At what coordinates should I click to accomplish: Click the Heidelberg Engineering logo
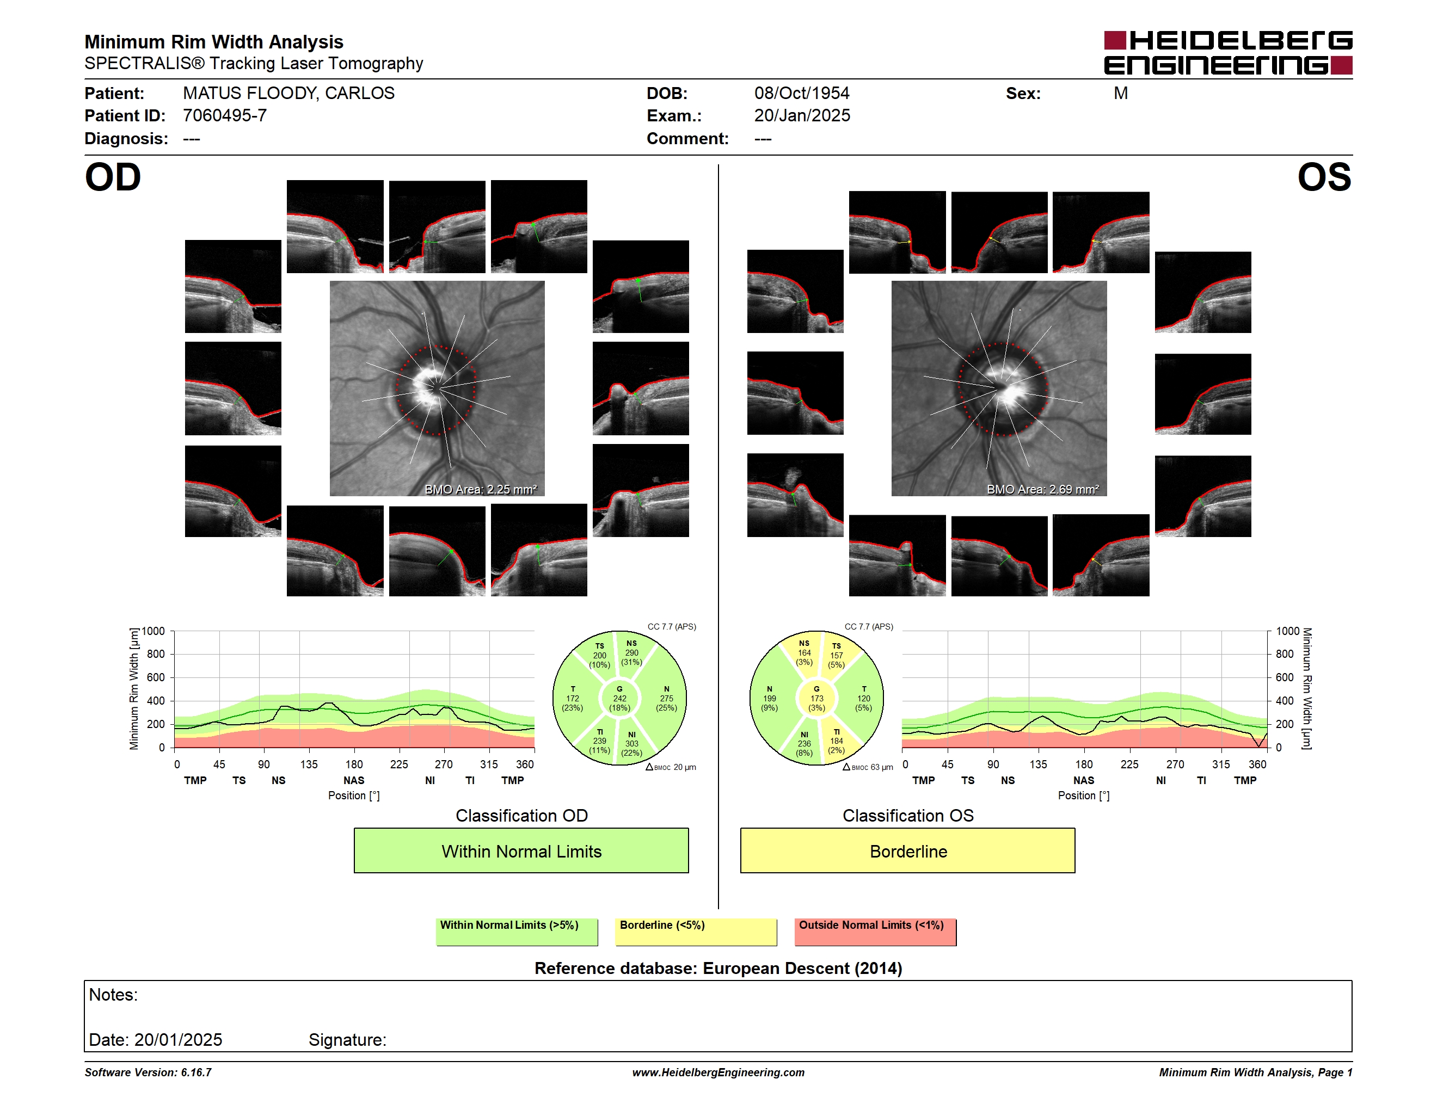(1228, 53)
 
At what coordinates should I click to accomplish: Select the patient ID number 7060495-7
(224, 116)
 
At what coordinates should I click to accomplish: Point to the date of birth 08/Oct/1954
(801, 94)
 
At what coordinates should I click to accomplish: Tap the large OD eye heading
(113, 177)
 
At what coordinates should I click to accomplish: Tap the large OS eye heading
(1324, 177)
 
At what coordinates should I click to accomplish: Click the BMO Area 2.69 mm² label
(1042, 489)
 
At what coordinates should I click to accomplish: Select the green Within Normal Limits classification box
(521, 850)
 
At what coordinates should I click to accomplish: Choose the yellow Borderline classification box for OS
(907, 850)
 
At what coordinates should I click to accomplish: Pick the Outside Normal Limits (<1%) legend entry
(875, 932)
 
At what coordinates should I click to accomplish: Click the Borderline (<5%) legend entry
(696, 932)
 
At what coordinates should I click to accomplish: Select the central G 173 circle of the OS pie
(816, 698)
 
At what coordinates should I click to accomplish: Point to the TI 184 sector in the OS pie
(836, 741)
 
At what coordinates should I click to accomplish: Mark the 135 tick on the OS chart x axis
(1038, 764)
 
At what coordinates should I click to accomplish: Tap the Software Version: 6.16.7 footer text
(148, 1072)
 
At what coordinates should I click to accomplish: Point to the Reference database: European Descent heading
(718, 969)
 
